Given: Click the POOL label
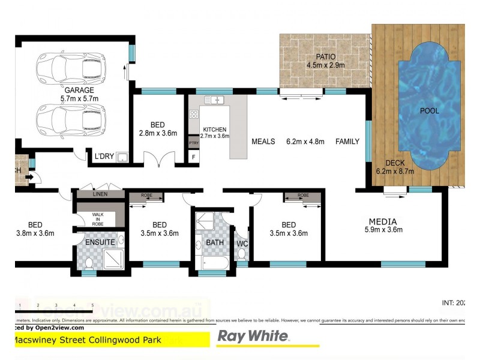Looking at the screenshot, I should (429, 110).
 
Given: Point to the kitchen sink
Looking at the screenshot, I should (217, 100).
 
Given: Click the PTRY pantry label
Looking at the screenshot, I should (193, 143).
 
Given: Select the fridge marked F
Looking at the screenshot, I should (193, 157).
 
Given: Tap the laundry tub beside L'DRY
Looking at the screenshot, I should (122, 157).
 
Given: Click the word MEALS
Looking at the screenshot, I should (263, 142).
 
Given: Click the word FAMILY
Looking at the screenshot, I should (347, 142).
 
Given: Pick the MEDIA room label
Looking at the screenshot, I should (383, 221).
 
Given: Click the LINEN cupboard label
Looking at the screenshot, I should (100, 194).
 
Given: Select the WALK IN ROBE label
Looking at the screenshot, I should (98, 218).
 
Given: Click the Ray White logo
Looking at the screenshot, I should (253, 336).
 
